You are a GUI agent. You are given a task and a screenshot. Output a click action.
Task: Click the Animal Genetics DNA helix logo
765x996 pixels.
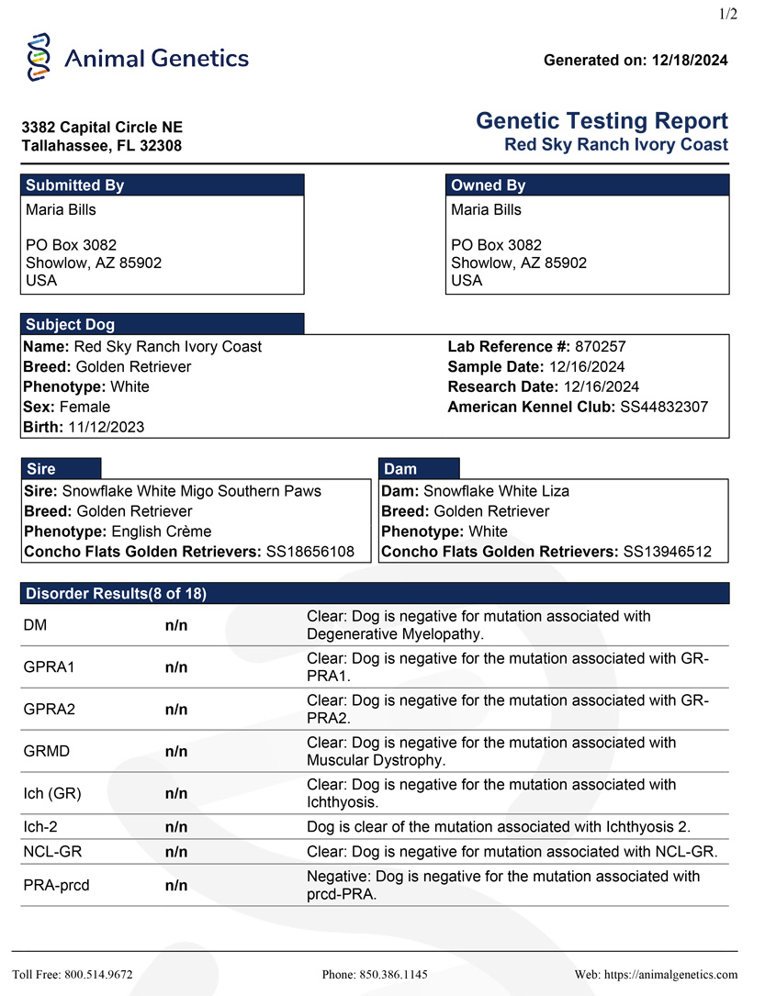click(38, 58)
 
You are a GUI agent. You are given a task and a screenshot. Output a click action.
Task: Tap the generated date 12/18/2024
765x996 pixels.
click(690, 61)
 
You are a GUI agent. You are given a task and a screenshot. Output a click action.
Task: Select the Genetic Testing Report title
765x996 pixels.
click(602, 121)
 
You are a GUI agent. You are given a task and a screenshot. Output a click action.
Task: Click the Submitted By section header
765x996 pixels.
click(75, 185)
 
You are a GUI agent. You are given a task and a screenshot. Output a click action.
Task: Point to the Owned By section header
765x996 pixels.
click(489, 185)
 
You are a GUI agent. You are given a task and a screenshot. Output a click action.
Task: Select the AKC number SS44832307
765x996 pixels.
click(662, 407)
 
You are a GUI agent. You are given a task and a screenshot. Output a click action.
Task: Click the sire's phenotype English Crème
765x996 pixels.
click(161, 532)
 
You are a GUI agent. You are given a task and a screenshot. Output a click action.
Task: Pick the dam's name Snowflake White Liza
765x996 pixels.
click(496, 491)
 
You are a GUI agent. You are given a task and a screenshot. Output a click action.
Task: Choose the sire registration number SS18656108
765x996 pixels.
click(309, 552)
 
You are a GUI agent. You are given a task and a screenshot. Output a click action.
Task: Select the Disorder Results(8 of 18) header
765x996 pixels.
click(116, 593)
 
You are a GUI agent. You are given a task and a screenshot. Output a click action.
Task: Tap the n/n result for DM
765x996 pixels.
click(176, 625)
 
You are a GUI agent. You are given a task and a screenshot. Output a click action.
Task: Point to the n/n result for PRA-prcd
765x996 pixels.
click(176, 886)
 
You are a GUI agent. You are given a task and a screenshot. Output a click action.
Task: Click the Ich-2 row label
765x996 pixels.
click(42, 827)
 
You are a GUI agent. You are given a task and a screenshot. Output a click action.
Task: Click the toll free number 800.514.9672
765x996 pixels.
click(99, 974)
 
